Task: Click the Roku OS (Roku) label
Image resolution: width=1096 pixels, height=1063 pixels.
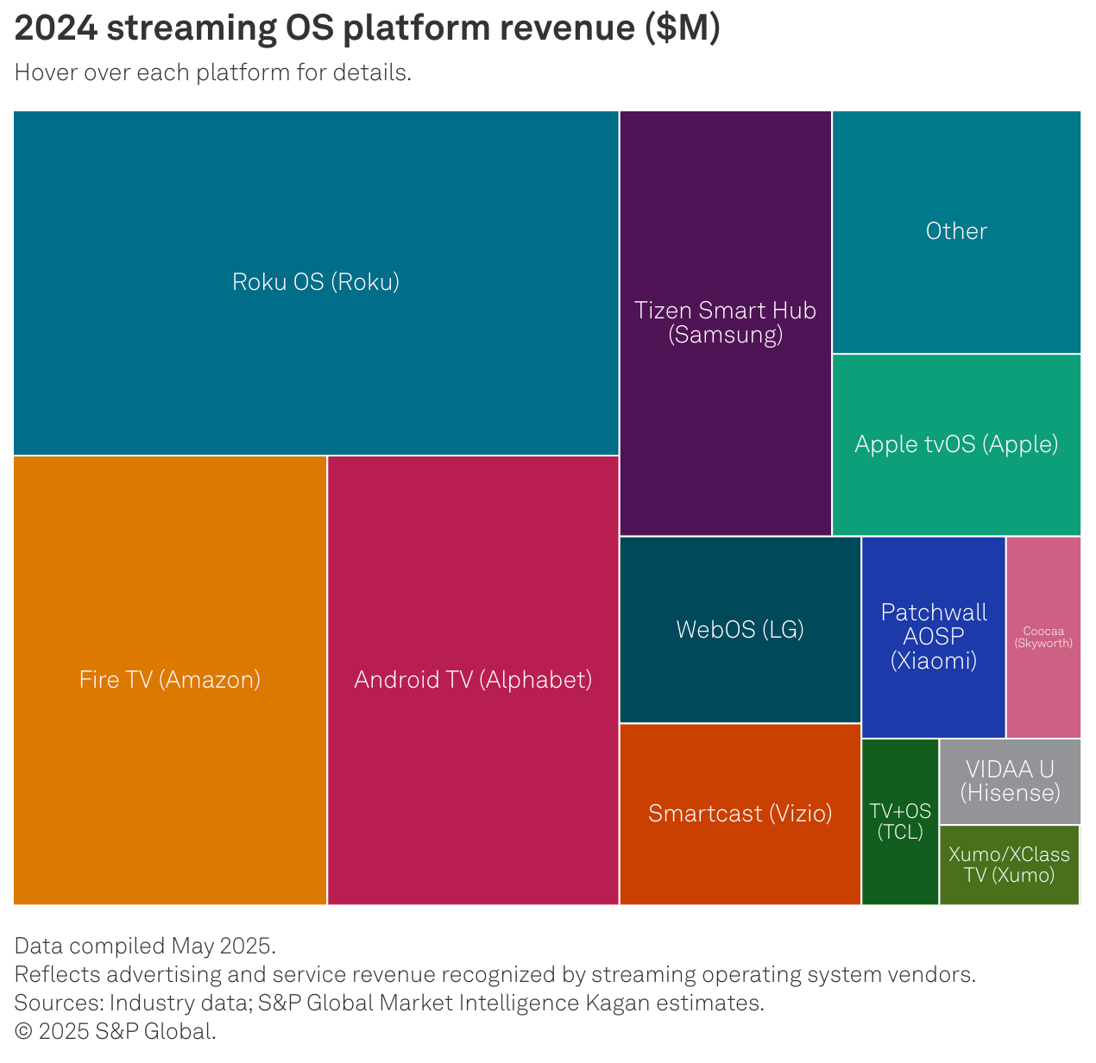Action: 316,282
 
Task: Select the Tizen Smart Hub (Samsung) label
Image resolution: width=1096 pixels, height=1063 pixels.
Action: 726,323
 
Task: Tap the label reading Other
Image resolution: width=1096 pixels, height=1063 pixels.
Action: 956,231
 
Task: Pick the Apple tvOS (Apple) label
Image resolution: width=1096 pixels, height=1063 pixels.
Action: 956,444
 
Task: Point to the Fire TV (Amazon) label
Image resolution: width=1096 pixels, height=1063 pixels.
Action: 169,680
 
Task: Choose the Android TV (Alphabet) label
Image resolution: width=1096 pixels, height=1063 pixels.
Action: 473,680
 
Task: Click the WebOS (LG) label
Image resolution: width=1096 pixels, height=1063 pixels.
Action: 740,630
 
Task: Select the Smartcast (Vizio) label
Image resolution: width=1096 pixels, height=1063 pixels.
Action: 740,814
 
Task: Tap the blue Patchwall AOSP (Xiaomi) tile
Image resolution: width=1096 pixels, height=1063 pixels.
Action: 933,637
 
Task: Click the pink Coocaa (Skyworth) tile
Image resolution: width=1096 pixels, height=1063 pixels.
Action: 1043,637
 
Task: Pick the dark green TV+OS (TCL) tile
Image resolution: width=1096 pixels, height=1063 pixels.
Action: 900,821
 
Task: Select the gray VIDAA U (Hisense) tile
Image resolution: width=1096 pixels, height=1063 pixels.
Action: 1010,782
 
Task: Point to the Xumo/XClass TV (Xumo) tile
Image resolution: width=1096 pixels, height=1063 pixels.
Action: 1009,865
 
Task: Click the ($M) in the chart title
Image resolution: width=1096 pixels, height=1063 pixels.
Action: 683,28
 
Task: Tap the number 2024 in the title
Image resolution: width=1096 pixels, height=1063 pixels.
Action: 56,28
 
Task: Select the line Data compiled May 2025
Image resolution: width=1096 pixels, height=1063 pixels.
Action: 145,946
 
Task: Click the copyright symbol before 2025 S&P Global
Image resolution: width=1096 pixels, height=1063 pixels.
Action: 23,1031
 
